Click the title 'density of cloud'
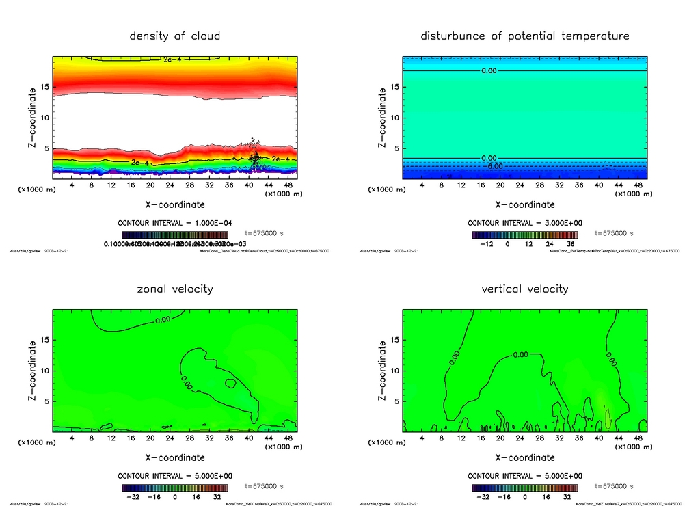175,36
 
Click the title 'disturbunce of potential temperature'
525,36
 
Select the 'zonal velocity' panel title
175,289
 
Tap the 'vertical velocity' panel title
525,289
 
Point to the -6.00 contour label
494,166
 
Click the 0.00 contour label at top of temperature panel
490,70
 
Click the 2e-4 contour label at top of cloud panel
173,59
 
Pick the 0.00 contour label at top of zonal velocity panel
163,319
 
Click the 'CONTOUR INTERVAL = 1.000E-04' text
175,223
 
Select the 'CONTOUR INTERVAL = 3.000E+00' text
525,223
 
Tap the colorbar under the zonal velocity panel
175,488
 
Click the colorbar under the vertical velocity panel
525,488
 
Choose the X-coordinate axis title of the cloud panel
175,204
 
